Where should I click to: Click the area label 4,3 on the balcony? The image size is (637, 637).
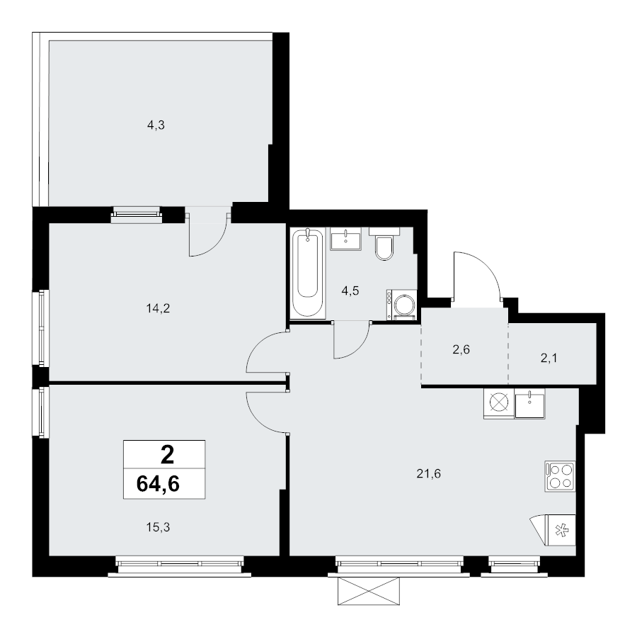156,125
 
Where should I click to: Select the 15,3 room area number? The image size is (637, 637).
156,526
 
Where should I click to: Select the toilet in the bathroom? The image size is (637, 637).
384,244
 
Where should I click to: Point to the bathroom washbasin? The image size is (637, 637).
346,239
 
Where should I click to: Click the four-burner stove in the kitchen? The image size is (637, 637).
560,475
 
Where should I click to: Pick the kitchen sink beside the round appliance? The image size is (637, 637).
529,404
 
